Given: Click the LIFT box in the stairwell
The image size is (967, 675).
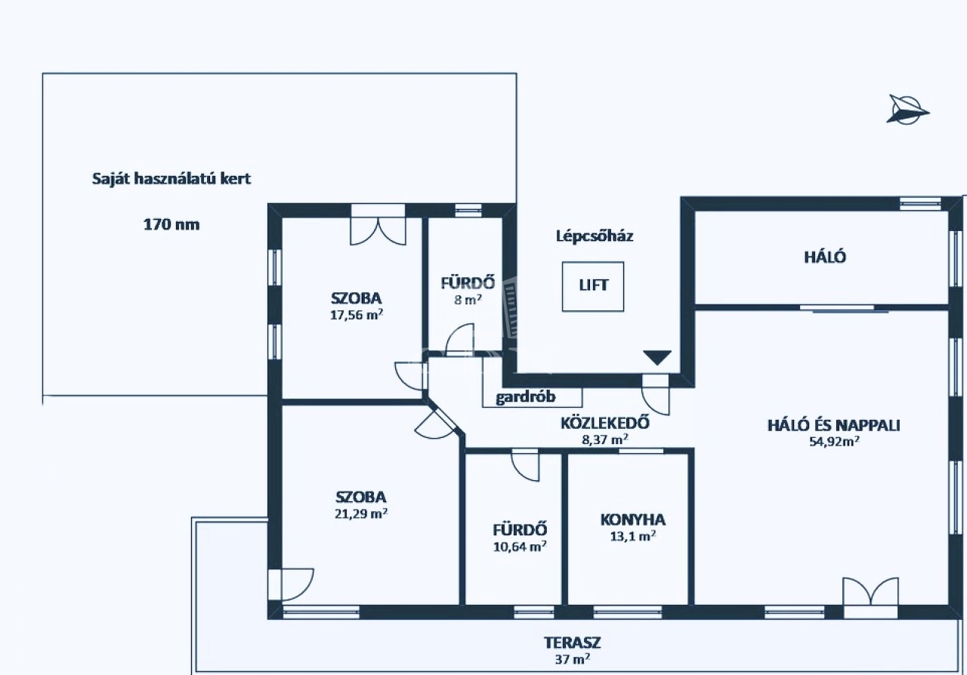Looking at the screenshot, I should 593,286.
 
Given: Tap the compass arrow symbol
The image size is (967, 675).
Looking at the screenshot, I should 907,110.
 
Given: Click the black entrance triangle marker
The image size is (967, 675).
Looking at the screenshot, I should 657,358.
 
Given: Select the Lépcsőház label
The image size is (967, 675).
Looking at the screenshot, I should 595,236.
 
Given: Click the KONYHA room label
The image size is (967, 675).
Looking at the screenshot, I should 633,519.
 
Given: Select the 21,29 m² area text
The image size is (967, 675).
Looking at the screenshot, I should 361,514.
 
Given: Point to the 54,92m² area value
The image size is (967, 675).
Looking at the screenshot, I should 834,442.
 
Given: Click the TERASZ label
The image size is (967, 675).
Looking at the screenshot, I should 573,643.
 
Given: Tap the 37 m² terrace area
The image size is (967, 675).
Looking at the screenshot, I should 573,659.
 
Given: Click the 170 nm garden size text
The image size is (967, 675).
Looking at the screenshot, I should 171,224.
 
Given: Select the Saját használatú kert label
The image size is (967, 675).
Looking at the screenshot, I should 171,180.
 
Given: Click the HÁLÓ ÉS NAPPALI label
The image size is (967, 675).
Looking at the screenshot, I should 834,425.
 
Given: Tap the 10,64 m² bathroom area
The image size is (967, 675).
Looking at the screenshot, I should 519,547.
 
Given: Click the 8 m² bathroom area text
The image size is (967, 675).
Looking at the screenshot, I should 468,300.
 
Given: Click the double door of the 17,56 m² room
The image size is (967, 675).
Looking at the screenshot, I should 377,225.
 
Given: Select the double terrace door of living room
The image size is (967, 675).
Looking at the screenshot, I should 871,593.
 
